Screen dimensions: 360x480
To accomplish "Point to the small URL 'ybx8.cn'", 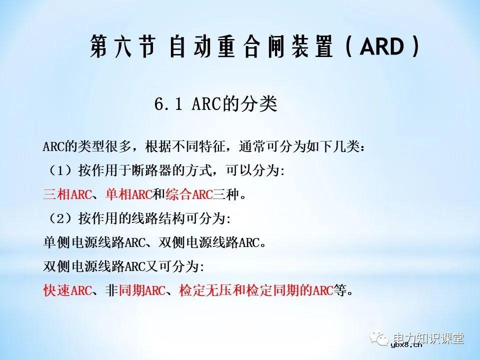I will coord(406,344).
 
